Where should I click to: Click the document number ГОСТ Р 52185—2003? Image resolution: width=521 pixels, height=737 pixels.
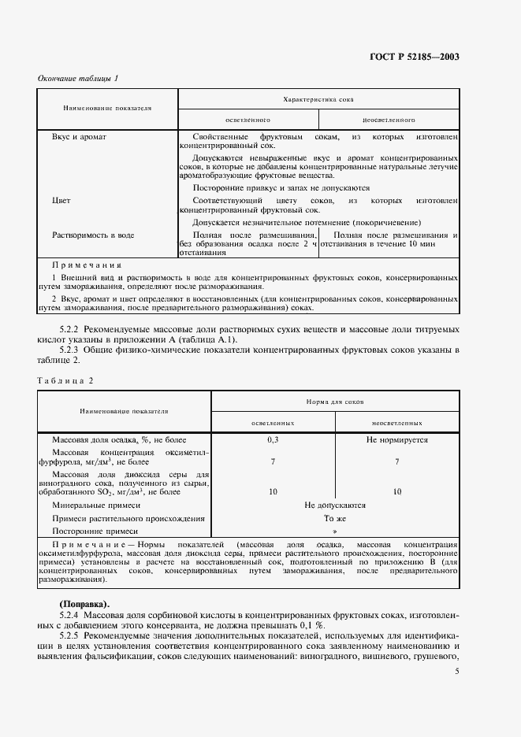coord(415,57)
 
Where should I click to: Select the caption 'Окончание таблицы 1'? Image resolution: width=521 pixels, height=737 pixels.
coord(78,78)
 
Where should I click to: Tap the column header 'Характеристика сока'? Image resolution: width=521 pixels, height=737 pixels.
coord(319,100)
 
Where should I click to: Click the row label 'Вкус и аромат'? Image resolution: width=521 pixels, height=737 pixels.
coord(79,137)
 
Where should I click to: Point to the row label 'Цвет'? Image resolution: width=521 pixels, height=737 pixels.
coord(61,201)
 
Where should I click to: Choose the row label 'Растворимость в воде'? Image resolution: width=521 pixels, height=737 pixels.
coord(93,235)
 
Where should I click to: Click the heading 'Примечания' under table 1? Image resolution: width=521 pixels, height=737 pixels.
coord(87,265)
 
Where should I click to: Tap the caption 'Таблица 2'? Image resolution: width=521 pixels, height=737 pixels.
coord(65,380)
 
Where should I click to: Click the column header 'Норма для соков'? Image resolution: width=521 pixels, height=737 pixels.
coord(335,402)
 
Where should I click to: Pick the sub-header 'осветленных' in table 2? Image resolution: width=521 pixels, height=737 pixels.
coord(273,423)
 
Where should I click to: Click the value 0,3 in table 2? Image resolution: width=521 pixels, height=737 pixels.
coord(273,440)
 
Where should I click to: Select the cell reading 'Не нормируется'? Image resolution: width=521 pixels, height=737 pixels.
coord(396,440)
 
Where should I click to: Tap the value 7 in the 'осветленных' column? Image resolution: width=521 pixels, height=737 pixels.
coord(273,462)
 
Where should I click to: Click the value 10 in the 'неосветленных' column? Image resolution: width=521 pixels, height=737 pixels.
coord(396,491)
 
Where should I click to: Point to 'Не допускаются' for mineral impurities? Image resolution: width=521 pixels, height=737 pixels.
coord(335,506)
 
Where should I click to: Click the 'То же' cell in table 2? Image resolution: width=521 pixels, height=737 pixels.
coord(335,519)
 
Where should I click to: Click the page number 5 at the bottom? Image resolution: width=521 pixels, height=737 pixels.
coord(457,672)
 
